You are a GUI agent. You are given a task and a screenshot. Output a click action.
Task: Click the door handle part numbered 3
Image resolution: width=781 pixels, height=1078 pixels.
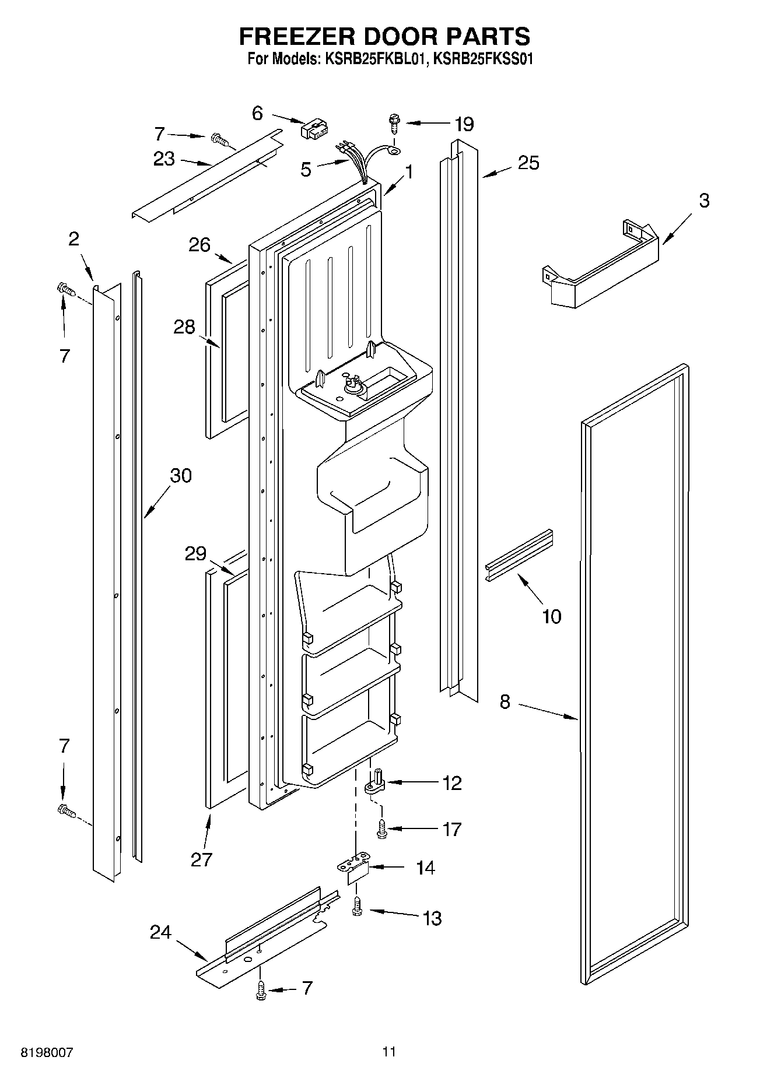[601, 269]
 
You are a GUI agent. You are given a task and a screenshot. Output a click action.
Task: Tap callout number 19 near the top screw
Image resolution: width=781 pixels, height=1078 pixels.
[464, 124]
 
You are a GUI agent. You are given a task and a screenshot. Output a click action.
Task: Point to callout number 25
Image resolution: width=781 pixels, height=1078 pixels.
[528, 163]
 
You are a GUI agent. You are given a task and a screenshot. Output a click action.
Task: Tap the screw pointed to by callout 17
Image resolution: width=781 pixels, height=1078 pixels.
[383, 828]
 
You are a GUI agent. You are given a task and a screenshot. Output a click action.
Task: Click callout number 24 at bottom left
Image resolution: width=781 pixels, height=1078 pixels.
[160, 933]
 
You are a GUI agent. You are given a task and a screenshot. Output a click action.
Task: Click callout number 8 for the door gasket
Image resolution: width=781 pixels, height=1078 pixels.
[505, 702]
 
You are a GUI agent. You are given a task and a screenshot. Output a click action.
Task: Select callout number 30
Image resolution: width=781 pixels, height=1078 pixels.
[180, 476]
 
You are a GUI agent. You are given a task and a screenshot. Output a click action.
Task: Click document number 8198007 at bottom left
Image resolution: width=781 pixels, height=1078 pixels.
[47, 1052]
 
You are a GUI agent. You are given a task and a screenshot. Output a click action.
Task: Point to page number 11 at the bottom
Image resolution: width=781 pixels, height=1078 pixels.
[389, 1052]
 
